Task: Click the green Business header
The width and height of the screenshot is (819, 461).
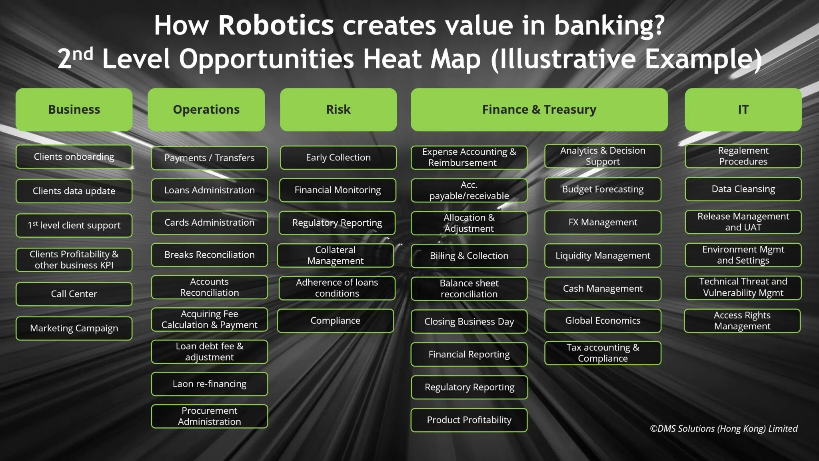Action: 74,110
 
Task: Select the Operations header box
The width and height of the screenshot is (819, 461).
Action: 206,110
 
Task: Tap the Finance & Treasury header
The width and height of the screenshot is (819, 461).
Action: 539,110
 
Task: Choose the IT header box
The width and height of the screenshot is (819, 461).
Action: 743,110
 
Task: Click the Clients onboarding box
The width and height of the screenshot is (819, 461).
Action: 74,156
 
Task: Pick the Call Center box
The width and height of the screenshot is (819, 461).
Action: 74,294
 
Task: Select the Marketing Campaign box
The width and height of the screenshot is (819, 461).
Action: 74,328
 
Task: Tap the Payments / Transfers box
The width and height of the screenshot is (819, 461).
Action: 210,158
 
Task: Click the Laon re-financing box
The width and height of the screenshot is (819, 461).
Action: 210,384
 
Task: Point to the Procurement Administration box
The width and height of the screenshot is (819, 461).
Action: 210,416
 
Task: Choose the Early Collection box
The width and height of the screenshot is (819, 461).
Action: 338,157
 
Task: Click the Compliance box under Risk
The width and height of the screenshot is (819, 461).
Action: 336,321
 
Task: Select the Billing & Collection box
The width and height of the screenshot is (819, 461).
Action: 469,256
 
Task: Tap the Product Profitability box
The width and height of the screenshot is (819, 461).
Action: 469,420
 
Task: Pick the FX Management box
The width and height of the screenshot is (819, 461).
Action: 603,222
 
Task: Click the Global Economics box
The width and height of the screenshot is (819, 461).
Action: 603,321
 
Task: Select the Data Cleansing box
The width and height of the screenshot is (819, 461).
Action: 743,189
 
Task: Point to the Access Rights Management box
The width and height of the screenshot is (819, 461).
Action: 742,321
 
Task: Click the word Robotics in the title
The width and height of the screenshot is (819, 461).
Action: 276,25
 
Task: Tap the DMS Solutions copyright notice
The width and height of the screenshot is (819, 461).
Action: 723,429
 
